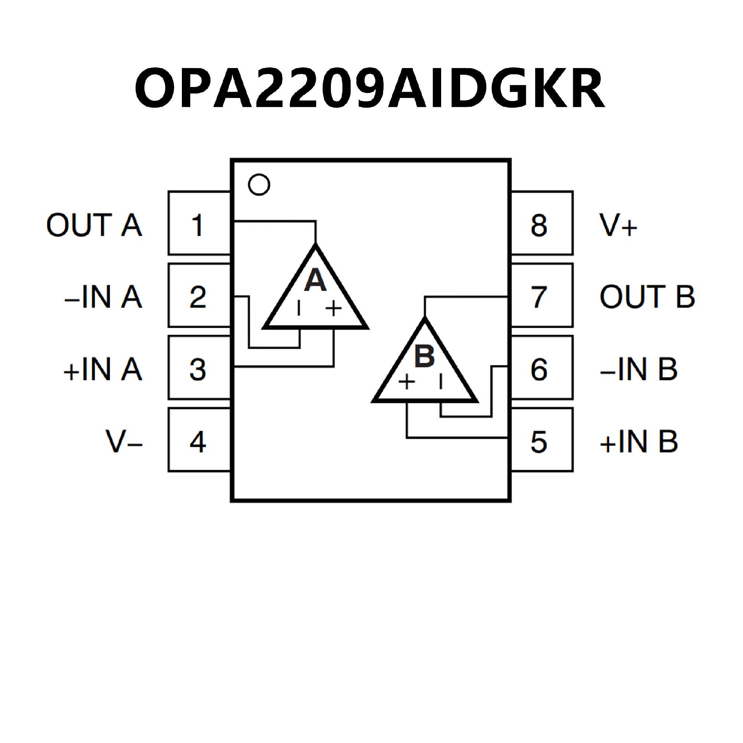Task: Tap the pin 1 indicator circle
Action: pos(259,185)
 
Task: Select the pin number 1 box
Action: pos(199,223)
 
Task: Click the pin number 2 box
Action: pos(199,296)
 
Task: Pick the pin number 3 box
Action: pos(199,368)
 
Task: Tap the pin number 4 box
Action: pos(199,440)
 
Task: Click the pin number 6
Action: pos(539,369)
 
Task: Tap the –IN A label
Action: pos(103,297)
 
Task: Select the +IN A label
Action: pos(103,369)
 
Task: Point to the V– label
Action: pos(124,441)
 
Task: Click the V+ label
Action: pos(618,225)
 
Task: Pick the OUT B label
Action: pos(647,297)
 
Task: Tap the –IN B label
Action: pos(639,369)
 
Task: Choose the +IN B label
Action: pos(639,442)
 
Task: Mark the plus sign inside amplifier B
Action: pos(406,382)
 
